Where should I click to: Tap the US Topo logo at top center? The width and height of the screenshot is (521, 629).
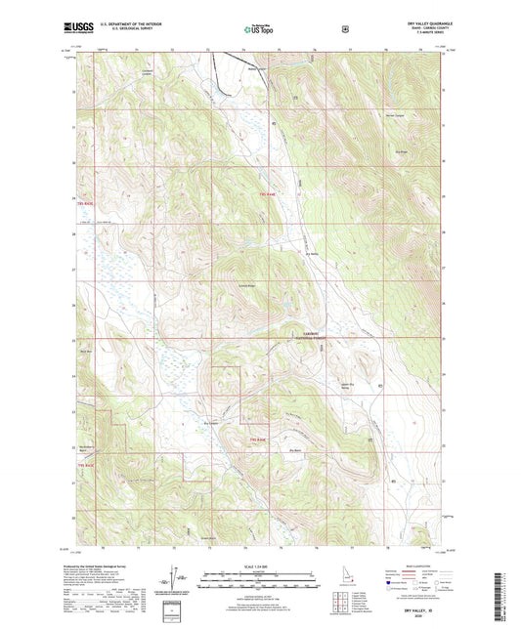tap(259, 31)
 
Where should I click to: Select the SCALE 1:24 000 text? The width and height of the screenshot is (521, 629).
tap(260, 566)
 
